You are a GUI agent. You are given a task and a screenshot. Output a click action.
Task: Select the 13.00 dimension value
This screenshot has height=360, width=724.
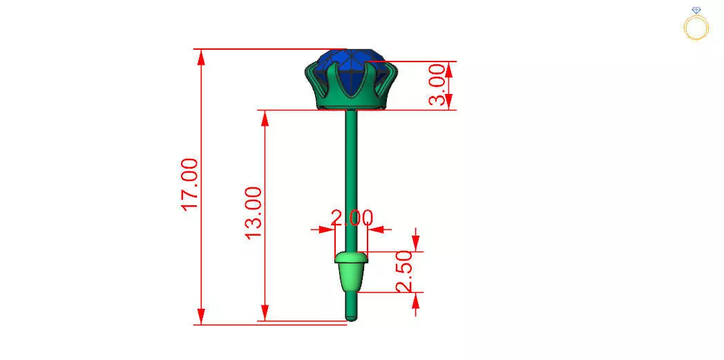click(254, 212)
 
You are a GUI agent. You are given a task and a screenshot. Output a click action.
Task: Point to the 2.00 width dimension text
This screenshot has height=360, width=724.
click(352, 218)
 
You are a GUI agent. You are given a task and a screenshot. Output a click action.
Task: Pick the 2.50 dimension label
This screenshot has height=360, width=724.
click(405, 272)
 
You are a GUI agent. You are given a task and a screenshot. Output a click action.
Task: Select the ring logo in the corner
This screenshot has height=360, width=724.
click(696, 24)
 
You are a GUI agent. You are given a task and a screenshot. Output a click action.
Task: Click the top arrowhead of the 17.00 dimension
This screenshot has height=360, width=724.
click(202, 56)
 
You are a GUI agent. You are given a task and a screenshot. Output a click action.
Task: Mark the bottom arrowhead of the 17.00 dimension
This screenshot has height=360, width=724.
click(202, 317)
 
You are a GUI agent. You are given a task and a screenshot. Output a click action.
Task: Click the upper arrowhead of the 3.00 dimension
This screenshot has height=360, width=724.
click(449, 68)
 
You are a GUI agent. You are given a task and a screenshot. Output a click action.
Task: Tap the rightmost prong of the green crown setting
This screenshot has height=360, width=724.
click(390, 73)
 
